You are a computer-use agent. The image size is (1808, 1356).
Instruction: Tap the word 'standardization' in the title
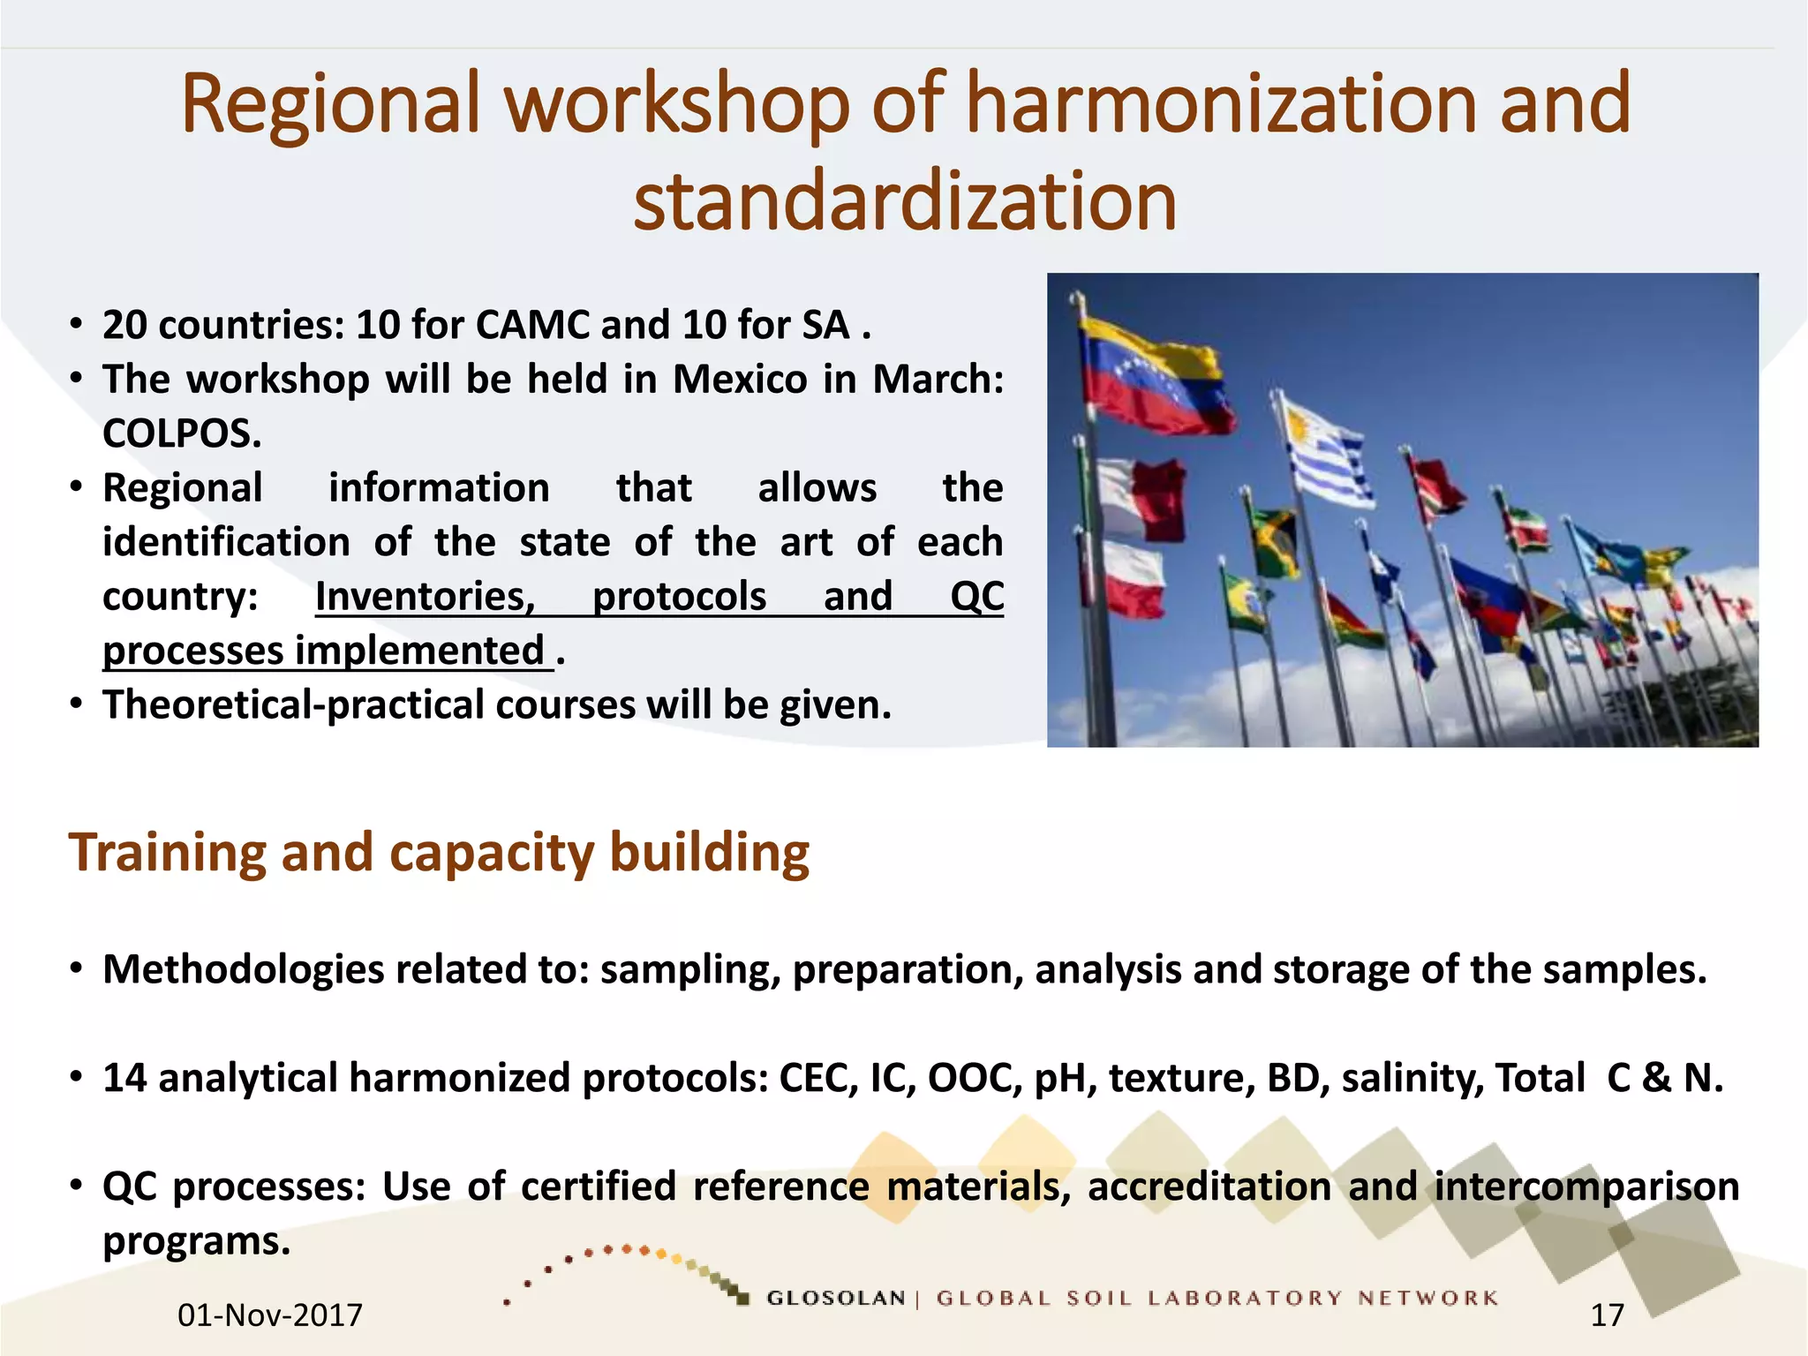905,202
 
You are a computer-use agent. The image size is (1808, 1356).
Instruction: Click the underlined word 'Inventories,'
426,597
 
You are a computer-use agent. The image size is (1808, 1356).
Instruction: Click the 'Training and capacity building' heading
439,853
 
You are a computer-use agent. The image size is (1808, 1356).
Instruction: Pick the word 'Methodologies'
244,969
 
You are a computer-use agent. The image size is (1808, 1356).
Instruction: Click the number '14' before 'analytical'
124,1079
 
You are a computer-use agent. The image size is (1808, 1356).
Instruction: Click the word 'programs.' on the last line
196,1241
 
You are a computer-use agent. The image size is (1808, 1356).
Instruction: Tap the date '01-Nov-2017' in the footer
270,1315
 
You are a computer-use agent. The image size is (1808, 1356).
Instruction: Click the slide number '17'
1607,1315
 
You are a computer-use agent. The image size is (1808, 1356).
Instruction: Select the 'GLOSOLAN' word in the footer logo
835,1298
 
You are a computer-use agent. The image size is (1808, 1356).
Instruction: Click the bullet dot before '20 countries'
77,325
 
